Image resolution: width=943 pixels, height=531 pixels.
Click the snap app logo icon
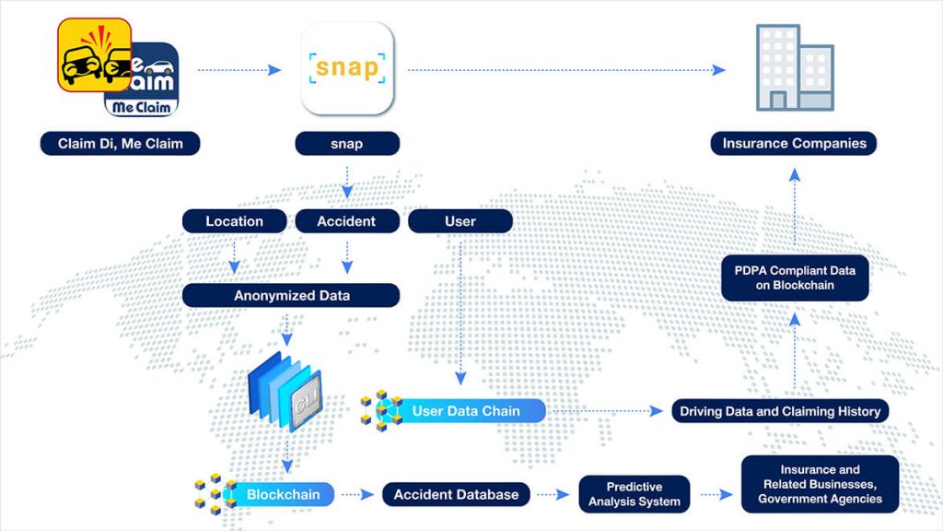click(347, 68)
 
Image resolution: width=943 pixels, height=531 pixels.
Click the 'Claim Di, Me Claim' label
click(120, 144)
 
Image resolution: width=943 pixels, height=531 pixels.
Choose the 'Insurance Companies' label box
click(794, 144)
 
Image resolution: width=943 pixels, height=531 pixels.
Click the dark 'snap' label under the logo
click(347, 144)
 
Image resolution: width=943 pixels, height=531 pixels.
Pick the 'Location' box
click(234, 221)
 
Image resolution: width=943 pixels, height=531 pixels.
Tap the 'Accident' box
click(346, 221)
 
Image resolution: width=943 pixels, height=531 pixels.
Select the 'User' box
click(460, 221)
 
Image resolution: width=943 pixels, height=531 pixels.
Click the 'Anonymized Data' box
click(290, 295)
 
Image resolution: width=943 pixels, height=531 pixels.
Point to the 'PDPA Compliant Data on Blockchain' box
click(795, 277)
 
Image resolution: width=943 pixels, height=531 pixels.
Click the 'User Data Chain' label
click(466, 411)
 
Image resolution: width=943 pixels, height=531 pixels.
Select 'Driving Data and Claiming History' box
click(779, 411)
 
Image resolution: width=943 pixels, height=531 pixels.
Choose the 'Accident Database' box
click(456, 494)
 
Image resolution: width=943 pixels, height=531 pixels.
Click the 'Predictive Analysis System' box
click(634, 494)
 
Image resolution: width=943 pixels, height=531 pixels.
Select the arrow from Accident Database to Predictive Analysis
click(553, 495)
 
